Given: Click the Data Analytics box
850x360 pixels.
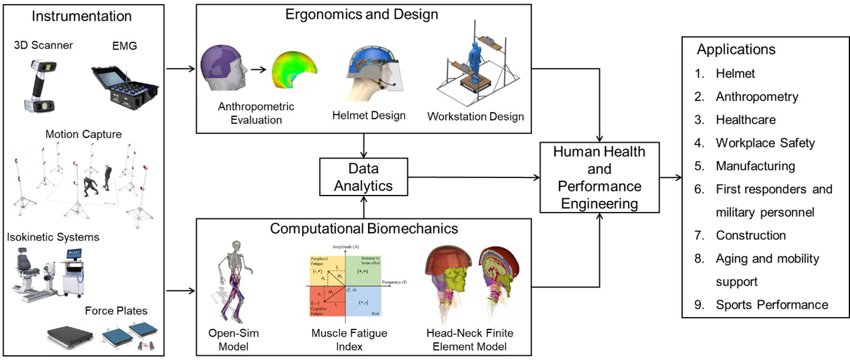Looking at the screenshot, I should click(363, 177).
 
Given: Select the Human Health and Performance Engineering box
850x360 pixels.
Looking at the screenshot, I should click(599, 177).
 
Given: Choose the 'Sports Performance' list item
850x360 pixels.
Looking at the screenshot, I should click(772, 305).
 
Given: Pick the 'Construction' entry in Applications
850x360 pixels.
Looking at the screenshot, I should click(750, 235).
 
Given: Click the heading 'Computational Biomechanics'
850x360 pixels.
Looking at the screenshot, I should click(363, 228).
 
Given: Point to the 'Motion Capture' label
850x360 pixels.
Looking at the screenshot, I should click(83, 134).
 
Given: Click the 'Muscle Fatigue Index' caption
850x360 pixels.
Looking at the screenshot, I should click(349, 339).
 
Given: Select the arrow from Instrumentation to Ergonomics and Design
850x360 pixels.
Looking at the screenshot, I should click(180, 69).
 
